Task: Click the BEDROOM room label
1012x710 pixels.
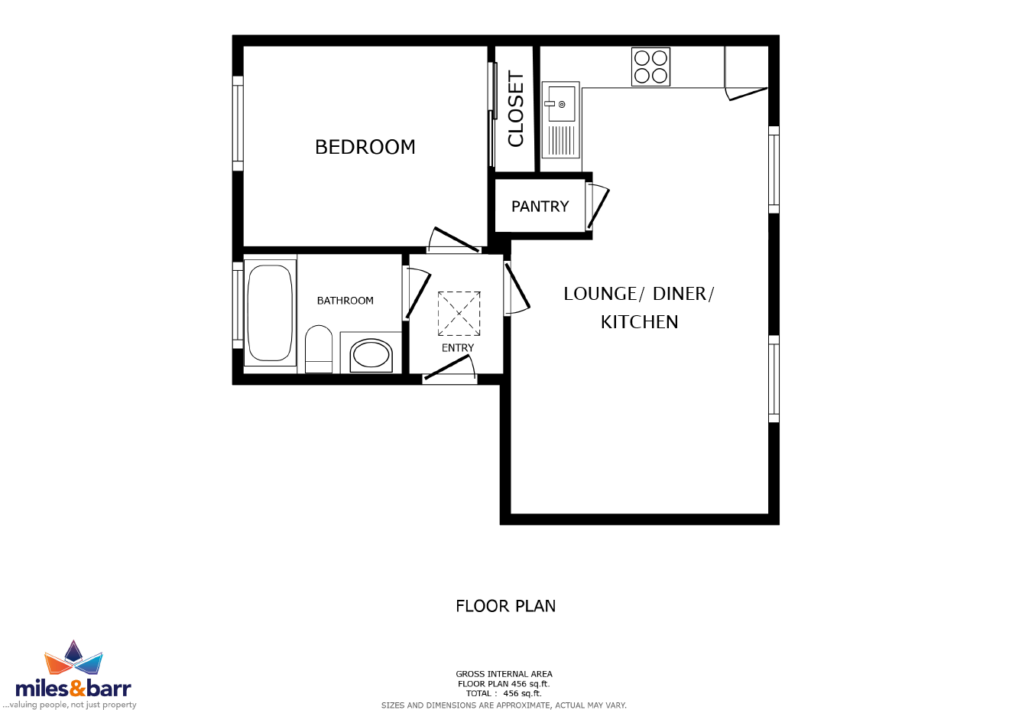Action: click(365, 147)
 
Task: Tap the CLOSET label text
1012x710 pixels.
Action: click(515, 109)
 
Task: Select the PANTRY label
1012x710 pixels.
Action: click(540, 207)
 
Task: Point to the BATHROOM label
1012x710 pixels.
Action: click(345, 301)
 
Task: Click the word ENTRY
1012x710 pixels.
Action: click(458, 348)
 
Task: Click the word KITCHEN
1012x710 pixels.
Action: click(639, 322)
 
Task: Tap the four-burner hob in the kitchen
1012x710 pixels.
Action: click(650, 67)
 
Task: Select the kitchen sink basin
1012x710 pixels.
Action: click(562, 103)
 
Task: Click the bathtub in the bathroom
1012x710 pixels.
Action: click(270, 312)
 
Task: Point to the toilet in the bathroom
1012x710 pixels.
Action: click(319, 349)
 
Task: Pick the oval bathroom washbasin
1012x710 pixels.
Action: click(371, 356)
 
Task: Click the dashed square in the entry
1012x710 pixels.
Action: click(459, 314)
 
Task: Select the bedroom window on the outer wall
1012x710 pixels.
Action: click(238, 123)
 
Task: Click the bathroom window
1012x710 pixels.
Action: click(238, 306)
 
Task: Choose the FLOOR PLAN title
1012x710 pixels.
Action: click(505, 606)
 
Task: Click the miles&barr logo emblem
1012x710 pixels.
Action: click(73, 659)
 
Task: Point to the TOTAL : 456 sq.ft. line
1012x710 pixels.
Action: click(504, 693)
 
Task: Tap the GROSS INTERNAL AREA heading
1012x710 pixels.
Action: click(504, 674)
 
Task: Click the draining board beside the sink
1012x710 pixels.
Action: click(562, 141)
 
